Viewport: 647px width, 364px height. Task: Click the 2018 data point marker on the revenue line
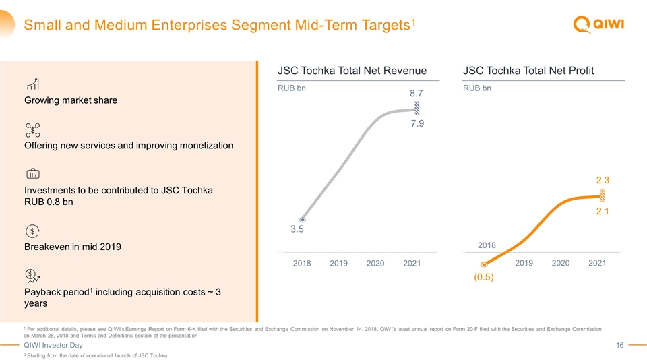(303, 220)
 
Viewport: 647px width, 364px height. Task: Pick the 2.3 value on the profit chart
(602, 180)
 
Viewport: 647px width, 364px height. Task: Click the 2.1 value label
(602, 212)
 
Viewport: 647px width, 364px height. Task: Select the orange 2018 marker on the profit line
(484, 265)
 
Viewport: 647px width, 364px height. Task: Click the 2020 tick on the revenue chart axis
(376, 263)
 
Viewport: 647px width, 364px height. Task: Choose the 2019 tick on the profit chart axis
(524, 262)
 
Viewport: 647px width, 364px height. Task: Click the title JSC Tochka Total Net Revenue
(352, 71)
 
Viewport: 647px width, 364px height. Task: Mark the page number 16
(620, 346)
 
